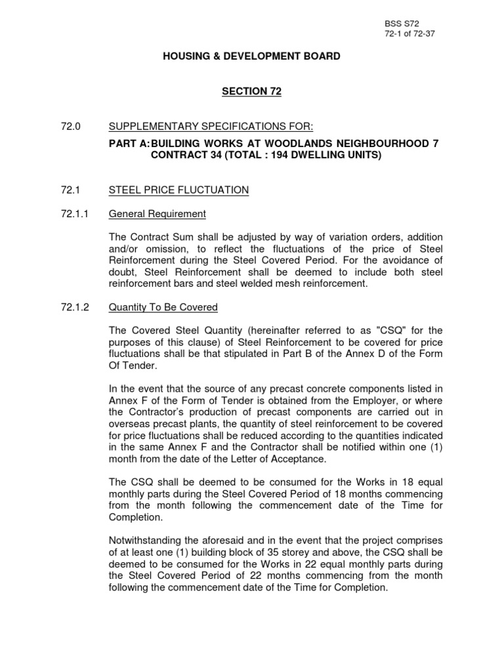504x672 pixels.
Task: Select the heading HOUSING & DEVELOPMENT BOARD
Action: click(251, 56)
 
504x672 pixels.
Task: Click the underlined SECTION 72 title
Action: click(251, 92)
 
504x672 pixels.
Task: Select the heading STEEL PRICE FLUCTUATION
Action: click(178, 190)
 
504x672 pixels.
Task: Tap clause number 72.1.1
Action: click(73, 213)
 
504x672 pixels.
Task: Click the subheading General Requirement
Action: click(157, 213)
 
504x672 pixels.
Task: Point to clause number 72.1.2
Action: click(73, 307)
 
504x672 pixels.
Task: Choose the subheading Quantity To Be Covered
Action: click(163, 307)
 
